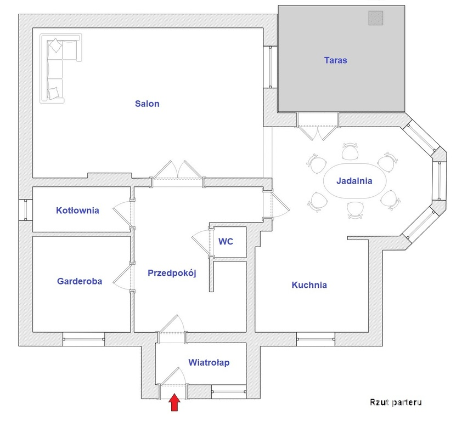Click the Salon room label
[x=147, y=104]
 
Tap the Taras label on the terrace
[x=336, y=60]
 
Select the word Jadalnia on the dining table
[x=354, y=181]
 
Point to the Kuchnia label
[x=309, y=285]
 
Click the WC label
[x=226, y=241]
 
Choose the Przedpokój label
[x=172, y=273]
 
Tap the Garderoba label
[x=80, y=281]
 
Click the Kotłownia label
[x=77, y=210]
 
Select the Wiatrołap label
[x=209, y=362]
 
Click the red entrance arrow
[x=174, y=402]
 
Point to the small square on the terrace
[x=376, y=18]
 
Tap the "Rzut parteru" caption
[x=396, y=402]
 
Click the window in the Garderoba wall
[x=84, y=339]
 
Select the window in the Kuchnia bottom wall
[x=315, y=339]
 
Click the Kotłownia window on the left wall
[x=26, y=210]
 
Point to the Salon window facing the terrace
[x=271, y=67]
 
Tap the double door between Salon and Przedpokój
[x=178, y=174]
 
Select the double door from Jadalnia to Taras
[x=318, y=129]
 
